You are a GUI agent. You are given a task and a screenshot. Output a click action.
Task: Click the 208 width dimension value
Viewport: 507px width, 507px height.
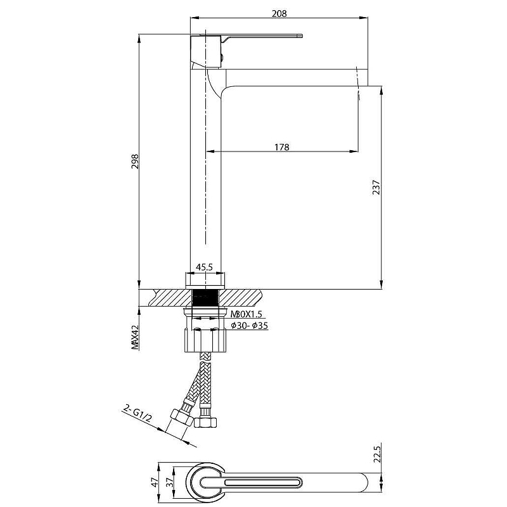(x=279, y=13)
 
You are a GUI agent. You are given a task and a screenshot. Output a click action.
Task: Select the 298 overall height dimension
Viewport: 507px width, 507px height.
(x=135, y=161)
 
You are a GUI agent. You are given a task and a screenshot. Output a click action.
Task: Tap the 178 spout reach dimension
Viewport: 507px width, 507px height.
(x=281, y=147)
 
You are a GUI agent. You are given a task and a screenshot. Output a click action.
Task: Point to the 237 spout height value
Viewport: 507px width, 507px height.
(x=376, y=187)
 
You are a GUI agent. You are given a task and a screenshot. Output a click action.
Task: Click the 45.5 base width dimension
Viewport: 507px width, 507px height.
(x=204, y=267)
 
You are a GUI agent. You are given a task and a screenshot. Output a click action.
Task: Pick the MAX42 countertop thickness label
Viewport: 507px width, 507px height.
(x=135, y=337)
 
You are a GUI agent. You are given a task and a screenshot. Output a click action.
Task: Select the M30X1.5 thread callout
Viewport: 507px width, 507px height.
(x=246, y=314)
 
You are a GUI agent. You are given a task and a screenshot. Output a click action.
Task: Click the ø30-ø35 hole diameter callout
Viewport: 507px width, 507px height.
(x=250, y=326)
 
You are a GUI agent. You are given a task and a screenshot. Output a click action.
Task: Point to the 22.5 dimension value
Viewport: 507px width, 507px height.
(x=377, y=453)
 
